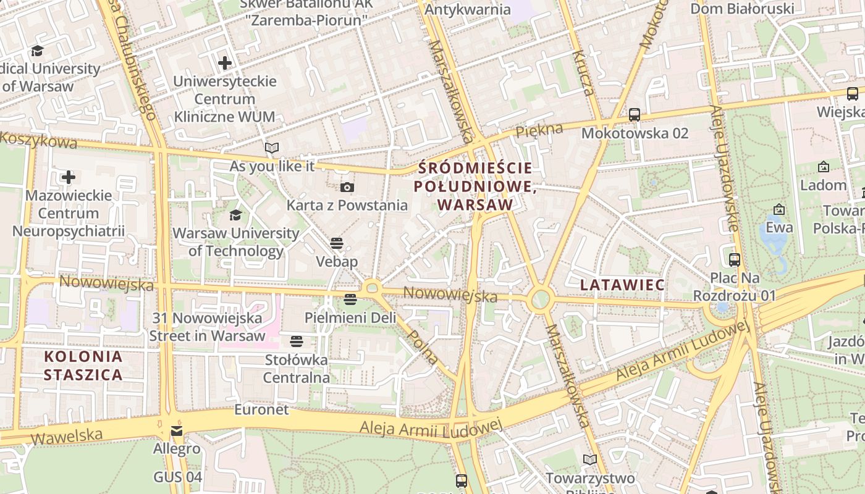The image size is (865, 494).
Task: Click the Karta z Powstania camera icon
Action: coord(347,187)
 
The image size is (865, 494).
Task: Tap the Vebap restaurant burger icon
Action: coord(337,243)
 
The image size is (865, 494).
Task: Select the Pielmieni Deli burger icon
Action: coord(350,299)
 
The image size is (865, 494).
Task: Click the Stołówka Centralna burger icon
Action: coord(297,341)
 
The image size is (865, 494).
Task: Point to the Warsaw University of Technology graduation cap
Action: coord(235,215)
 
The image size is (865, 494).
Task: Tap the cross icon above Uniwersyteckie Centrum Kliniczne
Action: coord(225,62)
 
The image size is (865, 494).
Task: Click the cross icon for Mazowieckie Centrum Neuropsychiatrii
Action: coord(69,178)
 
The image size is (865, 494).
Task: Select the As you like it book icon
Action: coord(272,148)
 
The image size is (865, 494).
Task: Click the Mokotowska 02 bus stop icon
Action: coord(634,115)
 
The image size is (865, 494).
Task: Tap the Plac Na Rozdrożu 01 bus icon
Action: coord(734,260)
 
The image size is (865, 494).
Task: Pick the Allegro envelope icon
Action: coord(177,430)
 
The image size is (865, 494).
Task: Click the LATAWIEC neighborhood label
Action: coord(622,285)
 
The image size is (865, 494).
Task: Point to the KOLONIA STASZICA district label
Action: coord(83,366)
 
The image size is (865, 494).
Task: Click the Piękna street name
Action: coord(539,130)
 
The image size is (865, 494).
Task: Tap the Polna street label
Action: coord(424,348)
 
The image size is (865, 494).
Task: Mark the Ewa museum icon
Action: coord(778,210)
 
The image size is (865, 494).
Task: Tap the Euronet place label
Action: coord(261,410)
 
